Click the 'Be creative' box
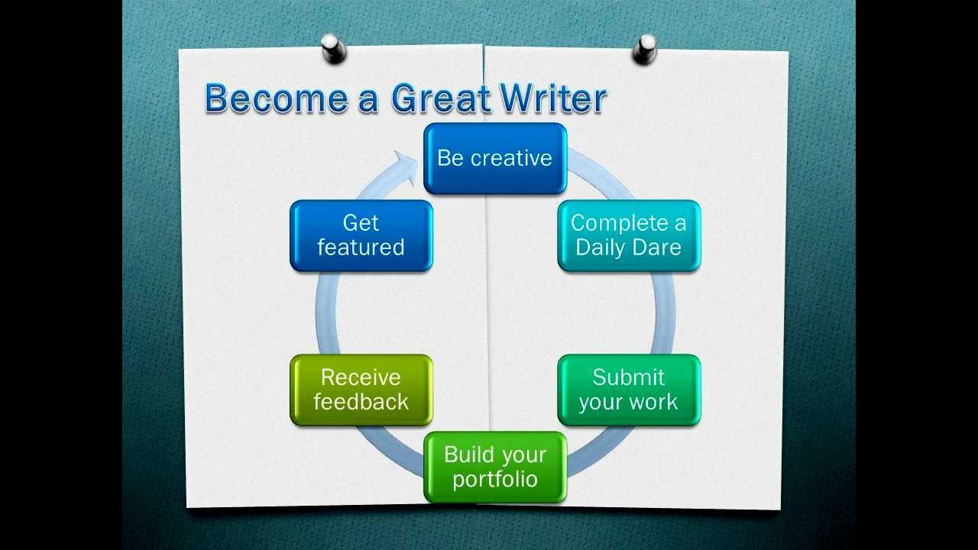coord(495,158)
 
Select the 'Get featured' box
coord(361,236)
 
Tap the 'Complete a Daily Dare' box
coord(629,236)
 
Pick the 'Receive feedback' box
coord(361,390)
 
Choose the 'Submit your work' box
coord(629,390)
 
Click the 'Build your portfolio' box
coord(495,467)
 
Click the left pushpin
coord(334,48)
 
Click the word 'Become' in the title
coord(277,98)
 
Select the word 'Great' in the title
coord(441,98)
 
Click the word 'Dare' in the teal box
coord(656,247)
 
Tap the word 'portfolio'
coord(495,480)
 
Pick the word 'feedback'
coord(361,402)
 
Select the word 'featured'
coord(361,247)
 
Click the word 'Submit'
coord(628,377)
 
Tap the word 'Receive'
coord(361,377)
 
